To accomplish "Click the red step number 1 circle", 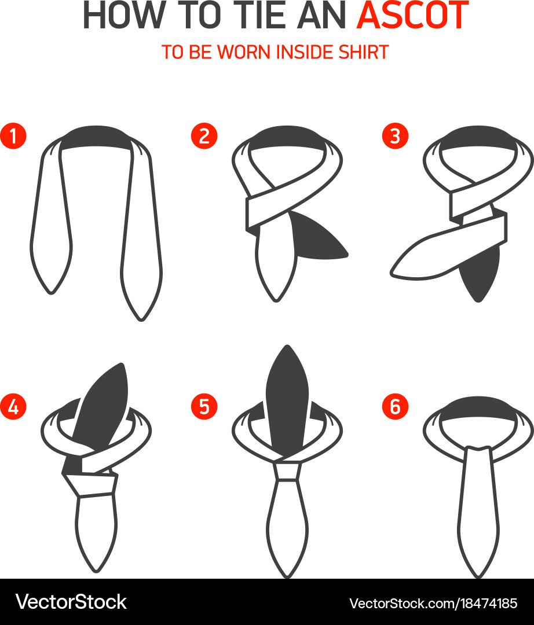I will (13, 136).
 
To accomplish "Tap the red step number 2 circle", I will (204, 136).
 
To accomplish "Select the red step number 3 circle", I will (395, 136).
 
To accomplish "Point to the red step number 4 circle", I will (13, 407).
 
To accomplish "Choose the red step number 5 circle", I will (204, 407).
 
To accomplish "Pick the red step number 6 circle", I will (395, 407).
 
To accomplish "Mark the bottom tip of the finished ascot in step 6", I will (478, 573).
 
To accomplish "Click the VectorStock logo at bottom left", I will (71, 602).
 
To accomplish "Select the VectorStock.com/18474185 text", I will (433, 603).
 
